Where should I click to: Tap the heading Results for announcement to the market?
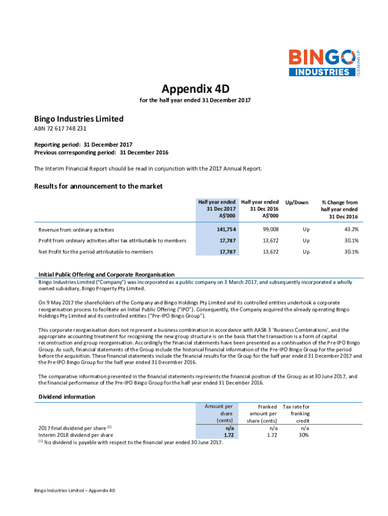98,186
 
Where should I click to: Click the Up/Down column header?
297,203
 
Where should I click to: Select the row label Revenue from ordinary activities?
76,230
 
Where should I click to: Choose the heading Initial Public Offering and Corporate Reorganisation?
106,275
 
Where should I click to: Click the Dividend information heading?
67,397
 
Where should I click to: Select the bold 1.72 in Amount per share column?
227,434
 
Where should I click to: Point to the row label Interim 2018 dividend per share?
76,435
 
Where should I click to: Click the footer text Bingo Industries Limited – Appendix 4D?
75,490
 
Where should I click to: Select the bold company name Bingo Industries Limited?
79,119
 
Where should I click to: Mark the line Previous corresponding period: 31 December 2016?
101,152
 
